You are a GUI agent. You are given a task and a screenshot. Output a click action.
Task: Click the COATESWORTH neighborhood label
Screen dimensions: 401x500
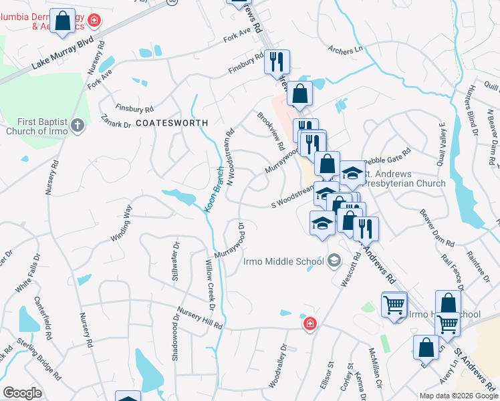[x=172, y=124]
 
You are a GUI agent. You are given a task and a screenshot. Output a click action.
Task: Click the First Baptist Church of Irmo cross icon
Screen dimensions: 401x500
[x=78, y=125]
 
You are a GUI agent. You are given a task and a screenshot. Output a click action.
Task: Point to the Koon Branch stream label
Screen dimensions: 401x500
[x=213, y=190]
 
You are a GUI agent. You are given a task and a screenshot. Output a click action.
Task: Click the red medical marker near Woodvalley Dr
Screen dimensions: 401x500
[x=309, y=325]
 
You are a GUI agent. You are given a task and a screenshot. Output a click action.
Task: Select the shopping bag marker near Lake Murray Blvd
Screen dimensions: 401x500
[x=63, y=21]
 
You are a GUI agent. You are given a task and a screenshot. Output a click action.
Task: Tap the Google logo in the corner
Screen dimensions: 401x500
[x=22, y=393]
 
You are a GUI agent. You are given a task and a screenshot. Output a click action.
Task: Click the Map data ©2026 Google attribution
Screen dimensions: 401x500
[x=458, y=396]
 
